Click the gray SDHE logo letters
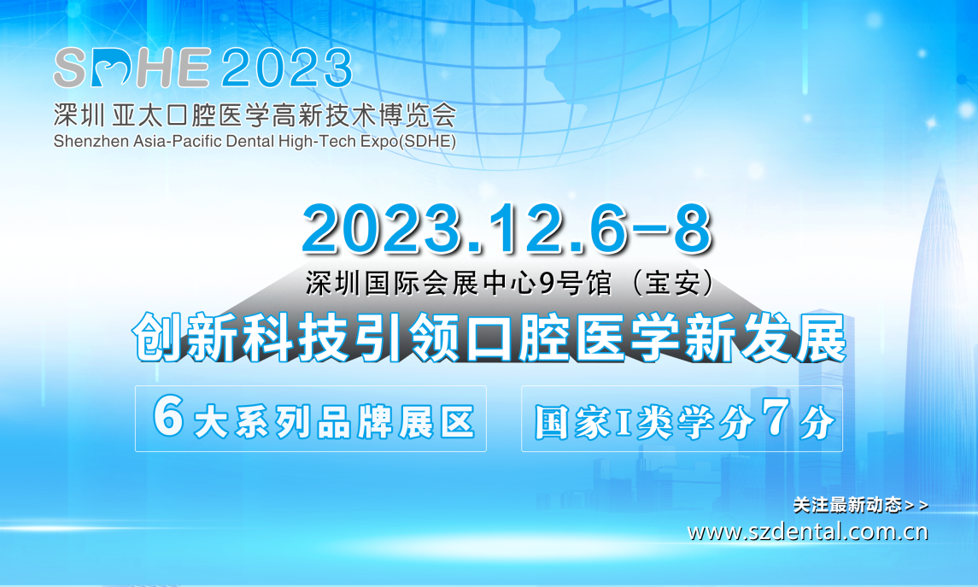[x=132, y=68]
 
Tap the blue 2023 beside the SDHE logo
[x=287, y=68]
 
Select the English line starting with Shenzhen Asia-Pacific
[x=255, y=141]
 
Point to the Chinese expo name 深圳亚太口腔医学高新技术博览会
[x=255, y=114]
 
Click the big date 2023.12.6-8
[x=507, y=229]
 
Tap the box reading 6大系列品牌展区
[x=311, y=419]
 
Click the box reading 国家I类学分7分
[x=682, y=419]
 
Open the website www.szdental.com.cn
[x=808, y=532]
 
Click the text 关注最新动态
[x=847, y=505]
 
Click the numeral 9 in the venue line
[x=547, y=284]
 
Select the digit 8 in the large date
[x=693, y=229]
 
